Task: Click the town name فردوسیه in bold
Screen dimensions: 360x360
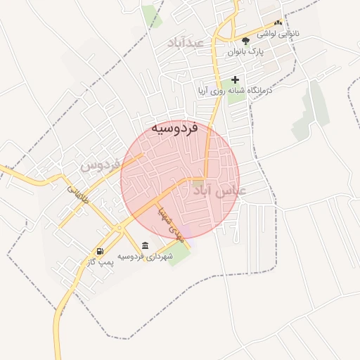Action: pyautogui.click(x=174, y=129)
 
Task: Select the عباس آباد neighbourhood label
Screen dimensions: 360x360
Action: pyautogui.click(x=223, y=191)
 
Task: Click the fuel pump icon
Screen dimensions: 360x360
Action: pyautogui.click(x=100, y=251)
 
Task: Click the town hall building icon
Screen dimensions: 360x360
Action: pyautogui.click(x=145, y=245)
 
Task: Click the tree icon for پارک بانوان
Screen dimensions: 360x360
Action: pyautogui.click(x=245, y=41)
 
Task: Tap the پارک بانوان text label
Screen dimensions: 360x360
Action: pyautogui.click(x=245, y=52)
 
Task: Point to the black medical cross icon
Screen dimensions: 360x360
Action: pyautogui.click(x=235, y=79)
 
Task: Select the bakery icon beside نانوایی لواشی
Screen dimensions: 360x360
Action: pyautogui.click(x=278, y=23)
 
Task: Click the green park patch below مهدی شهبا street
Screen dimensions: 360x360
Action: pyautogui.click(x=179, y=252)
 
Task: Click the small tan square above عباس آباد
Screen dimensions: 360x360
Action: pyautogui.click(x=199, y=182)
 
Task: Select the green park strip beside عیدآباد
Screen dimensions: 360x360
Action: pyautogui.click(x=150, y=14)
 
